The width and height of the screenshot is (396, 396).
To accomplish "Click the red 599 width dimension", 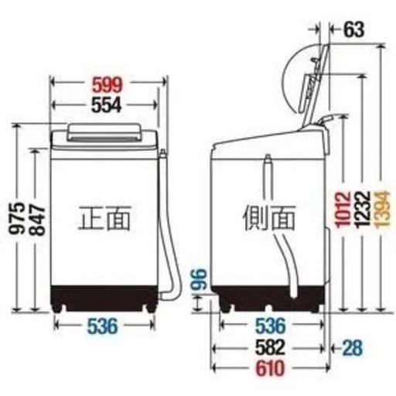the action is pos(107,85).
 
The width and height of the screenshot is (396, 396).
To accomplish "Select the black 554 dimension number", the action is pos(107,105).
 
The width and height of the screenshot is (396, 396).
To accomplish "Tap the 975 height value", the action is pos(17,218).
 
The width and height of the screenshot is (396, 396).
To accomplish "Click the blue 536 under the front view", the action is pos(103,326).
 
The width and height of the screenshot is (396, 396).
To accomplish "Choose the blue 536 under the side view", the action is pos(271,326).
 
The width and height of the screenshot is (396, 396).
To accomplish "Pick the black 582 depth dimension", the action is pos(271,347).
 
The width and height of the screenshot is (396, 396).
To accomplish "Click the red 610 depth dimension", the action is pos(271,368).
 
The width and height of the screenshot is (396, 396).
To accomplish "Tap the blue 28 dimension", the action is pos(353,347).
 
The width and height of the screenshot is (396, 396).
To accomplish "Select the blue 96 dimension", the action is pos(199,279).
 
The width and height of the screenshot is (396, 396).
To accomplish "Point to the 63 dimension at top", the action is pos(354,29).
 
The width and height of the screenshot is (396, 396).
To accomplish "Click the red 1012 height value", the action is pos(343,210).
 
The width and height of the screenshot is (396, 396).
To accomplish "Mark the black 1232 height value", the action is pos(363,210).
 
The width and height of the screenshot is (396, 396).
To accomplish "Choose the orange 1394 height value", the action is pos(381,210).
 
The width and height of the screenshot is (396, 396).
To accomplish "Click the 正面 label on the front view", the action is pos(104,218).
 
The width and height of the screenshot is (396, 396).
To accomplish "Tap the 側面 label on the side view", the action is pos(269,218).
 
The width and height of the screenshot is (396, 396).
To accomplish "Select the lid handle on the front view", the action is pos(104,132).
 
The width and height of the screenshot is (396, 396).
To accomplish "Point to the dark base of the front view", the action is pos(104,298).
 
